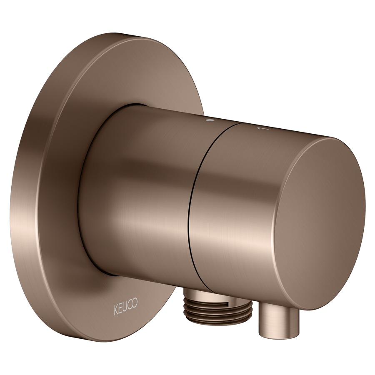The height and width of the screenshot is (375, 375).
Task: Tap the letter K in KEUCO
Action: click(x=116, y=305)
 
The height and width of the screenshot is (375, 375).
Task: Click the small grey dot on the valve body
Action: click(x=210, y=121)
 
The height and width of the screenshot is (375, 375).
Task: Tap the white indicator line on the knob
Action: click(x=262, y=129)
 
